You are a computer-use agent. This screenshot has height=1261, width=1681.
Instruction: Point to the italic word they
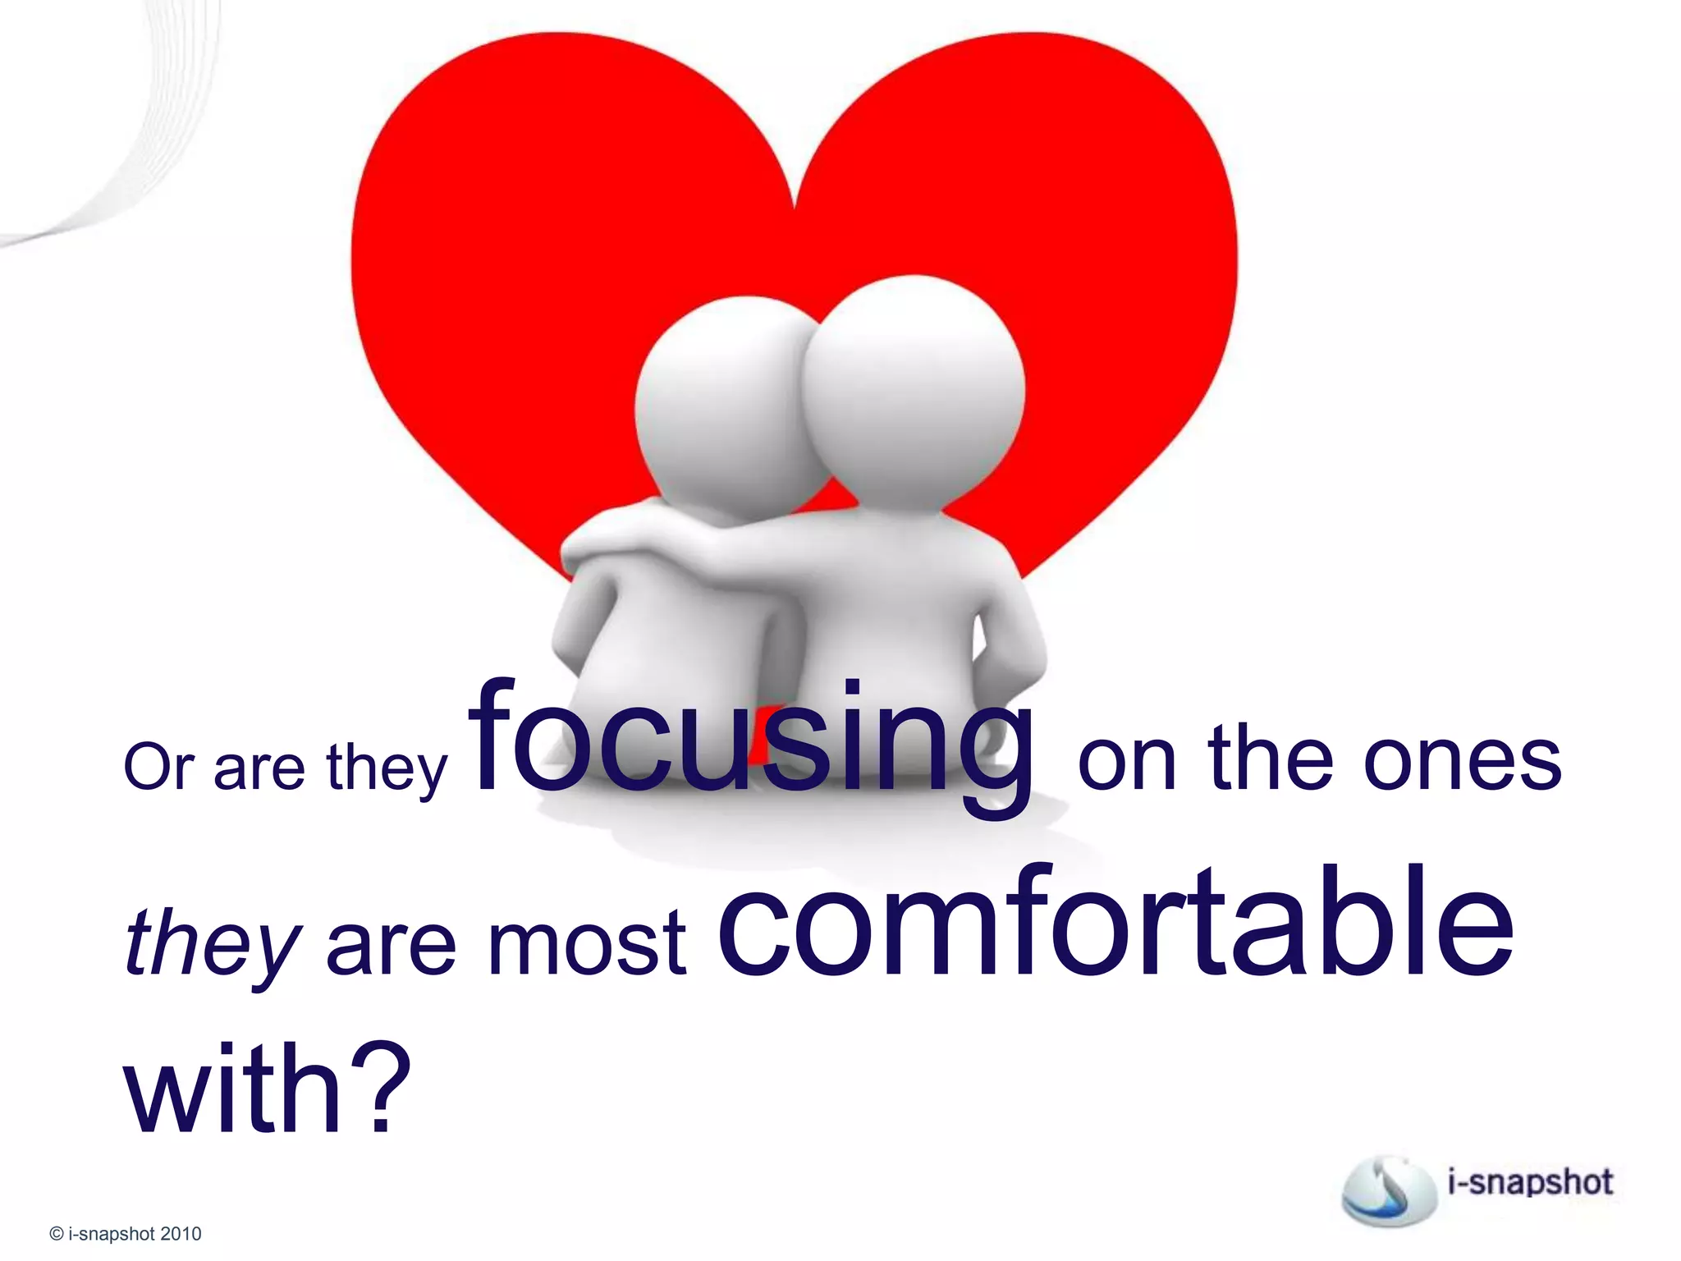(x=212, y=944)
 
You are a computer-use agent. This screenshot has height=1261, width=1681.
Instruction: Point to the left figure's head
(x=722, y=402)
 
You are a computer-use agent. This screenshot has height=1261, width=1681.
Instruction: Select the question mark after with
(x=382, y=1088)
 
